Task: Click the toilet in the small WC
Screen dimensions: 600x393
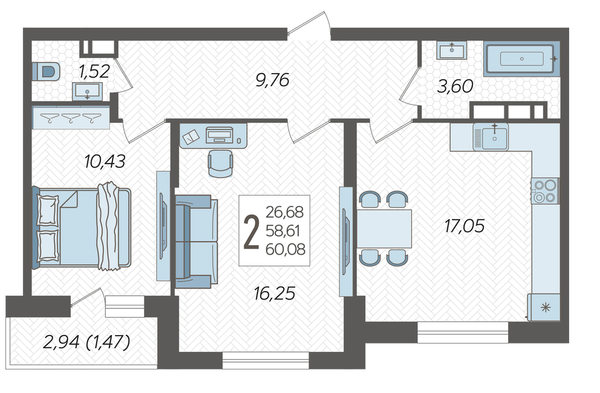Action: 46,71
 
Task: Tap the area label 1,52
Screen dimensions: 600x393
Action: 94,71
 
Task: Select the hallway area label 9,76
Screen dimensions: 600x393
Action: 272,80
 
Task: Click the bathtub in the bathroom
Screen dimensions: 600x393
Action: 521,59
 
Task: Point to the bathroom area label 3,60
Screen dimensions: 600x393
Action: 455,86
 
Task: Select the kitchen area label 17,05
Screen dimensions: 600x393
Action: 464,226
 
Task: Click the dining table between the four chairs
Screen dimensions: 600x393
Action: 384,228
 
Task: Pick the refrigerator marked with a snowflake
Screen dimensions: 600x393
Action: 544,307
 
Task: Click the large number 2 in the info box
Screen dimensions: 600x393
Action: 252,232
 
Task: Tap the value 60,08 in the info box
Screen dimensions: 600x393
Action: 285,249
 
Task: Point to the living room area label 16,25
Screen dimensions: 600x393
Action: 275,293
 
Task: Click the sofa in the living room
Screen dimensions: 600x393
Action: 197,241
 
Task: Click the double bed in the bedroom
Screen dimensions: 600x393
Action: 82,226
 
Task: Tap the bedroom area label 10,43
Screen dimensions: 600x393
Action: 105,162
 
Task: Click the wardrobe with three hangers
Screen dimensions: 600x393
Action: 71,117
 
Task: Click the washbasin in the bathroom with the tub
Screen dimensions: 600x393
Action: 452,50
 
